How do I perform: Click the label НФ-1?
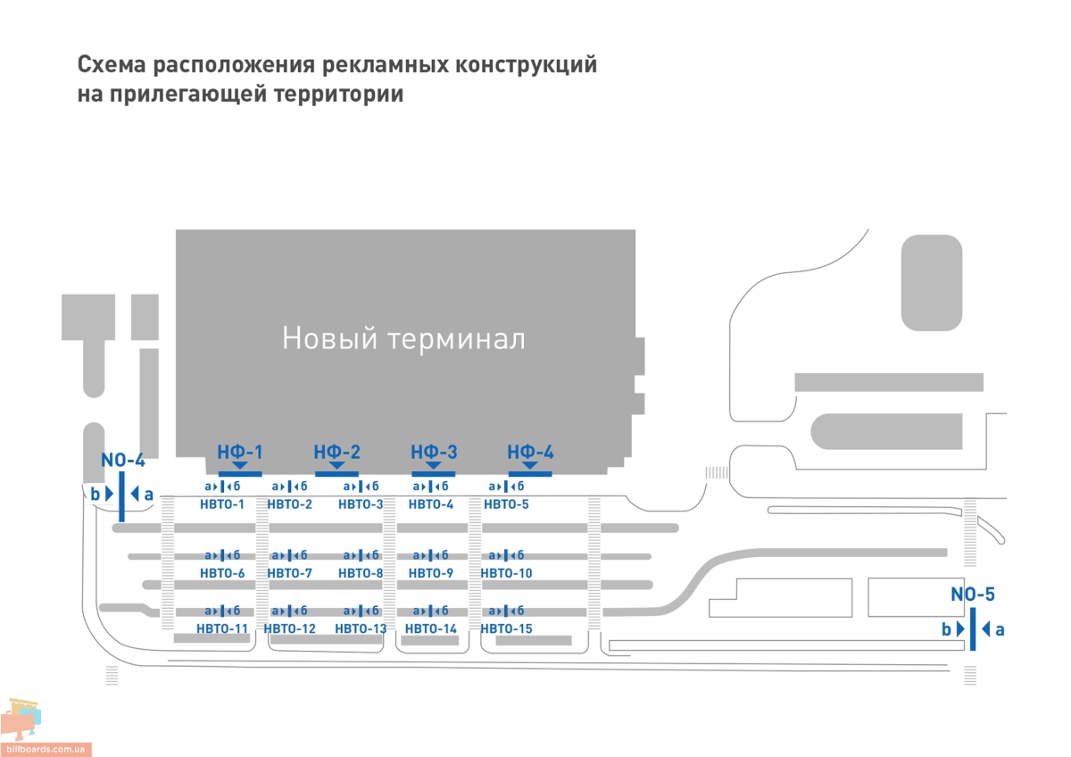coord(239,452)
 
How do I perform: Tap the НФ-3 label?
coord(434,452)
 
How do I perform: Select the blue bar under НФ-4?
coord(530,473)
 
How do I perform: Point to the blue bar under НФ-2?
coord(336,473)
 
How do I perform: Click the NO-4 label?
coord(122,461)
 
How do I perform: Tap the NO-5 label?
coord(972,595)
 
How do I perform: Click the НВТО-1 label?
coord(222,505)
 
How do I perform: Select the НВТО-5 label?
coord(506,505)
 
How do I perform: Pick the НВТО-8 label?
coord(361,573)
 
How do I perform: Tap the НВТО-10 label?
coord(506,573)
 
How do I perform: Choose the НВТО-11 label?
coord(222,628)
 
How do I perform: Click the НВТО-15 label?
coord(506,628)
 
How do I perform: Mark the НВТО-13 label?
coord(361,628)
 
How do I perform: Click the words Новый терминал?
coord(403,339)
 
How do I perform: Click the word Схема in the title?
coord(112,65)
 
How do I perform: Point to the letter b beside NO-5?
coord(946,629)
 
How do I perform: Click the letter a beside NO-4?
coord(148,494)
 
